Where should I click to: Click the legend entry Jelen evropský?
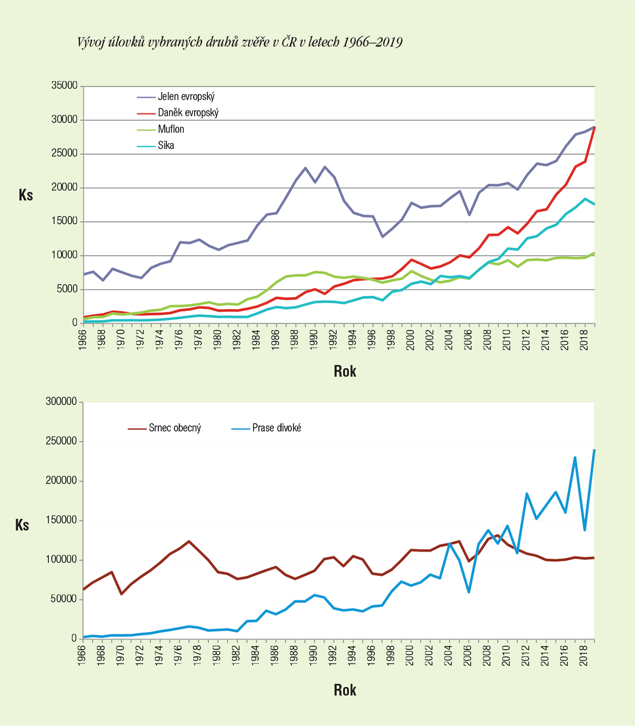186,97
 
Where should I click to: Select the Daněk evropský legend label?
188,113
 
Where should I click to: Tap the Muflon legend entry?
171,129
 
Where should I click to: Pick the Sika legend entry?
166,146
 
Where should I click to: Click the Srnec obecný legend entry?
175,428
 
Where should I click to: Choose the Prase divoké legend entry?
277,428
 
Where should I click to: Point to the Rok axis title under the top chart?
345,372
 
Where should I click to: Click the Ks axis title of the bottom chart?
22,525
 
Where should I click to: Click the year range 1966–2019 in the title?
372,42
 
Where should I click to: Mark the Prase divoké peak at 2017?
575,457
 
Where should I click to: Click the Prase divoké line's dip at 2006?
469,592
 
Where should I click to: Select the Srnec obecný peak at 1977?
189,541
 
